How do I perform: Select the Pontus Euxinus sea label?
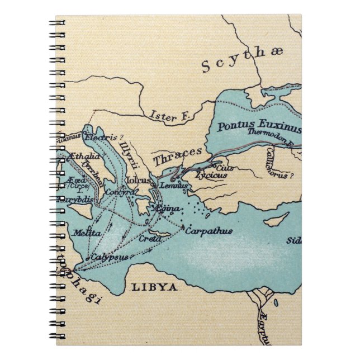[x=259, y=126]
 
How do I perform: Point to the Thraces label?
[x=177, y=155]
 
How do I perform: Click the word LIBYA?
[x=154, y=287]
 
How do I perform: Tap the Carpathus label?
[x=209, y=230]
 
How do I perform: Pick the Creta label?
[x=150, y=239]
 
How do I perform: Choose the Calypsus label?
[x=110, y=257]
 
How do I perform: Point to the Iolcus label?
[x=139, y=181]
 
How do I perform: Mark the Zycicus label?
[x=211, y=175]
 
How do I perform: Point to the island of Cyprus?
[x=276, y=219]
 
